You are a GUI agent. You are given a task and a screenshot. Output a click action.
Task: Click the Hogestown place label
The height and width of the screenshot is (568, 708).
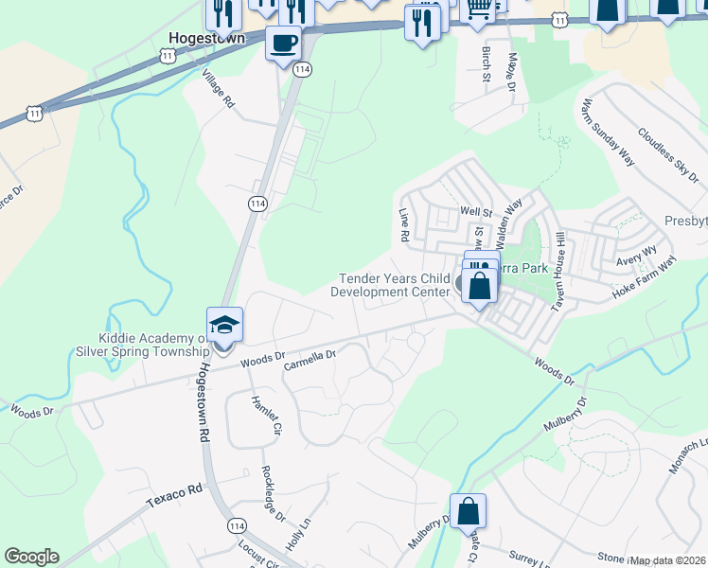tap(206, 39)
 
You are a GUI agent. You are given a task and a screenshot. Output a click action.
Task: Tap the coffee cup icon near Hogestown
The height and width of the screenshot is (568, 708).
tap(283, 43)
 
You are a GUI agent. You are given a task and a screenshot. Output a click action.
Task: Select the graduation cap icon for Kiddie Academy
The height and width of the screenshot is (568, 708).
tap(225, 325)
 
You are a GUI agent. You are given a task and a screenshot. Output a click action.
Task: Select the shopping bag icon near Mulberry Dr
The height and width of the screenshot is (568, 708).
tap(468, 511)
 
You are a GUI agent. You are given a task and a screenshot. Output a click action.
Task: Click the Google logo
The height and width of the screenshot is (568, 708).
tap(31, 557)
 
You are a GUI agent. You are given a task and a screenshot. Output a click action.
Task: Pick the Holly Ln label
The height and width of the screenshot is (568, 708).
tap(299, 534)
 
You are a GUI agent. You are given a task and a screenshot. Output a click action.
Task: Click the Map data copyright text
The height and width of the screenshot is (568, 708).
tap(668, 560)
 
